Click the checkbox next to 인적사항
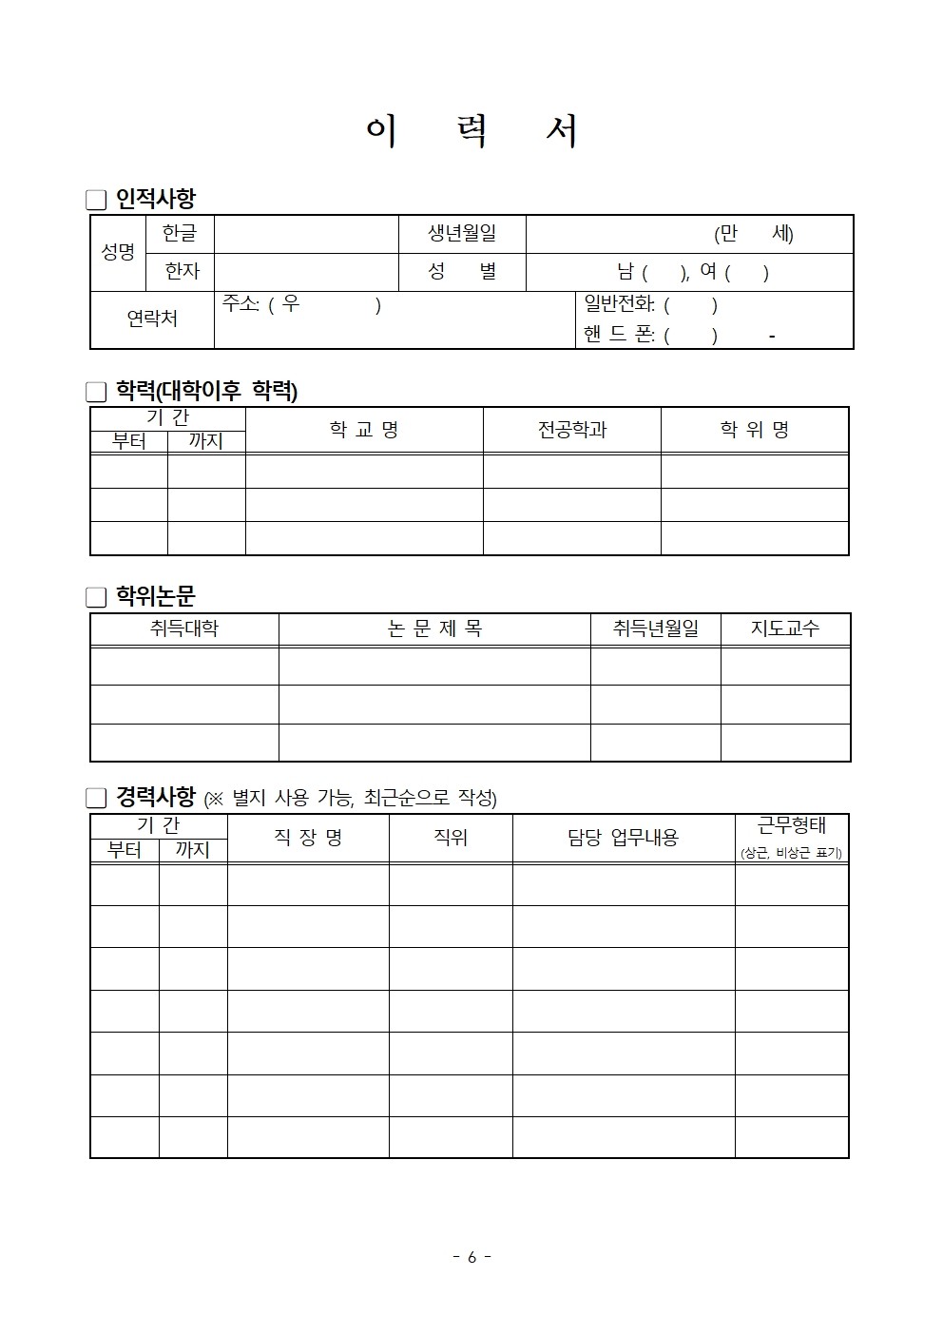(96, 200)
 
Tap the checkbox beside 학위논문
(96, 597)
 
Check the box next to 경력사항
(96, 797)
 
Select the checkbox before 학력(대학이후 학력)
(96, 392)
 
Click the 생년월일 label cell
(462, 233)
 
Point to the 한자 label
(182, 272)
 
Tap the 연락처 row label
(152, 319)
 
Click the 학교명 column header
(364, 430)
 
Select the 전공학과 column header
(571, 430)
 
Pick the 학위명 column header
(754, 430)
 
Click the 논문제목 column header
(434, 628)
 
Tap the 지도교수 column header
(785, 628)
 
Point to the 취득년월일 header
(655, 628)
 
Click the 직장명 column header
(308, 837)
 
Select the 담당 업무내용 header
(623, 837)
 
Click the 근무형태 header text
(791, 825)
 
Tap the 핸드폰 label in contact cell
(619, 335)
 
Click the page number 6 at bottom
(471, 1257)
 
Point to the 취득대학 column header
(184, 628)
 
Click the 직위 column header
(451, 837)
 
